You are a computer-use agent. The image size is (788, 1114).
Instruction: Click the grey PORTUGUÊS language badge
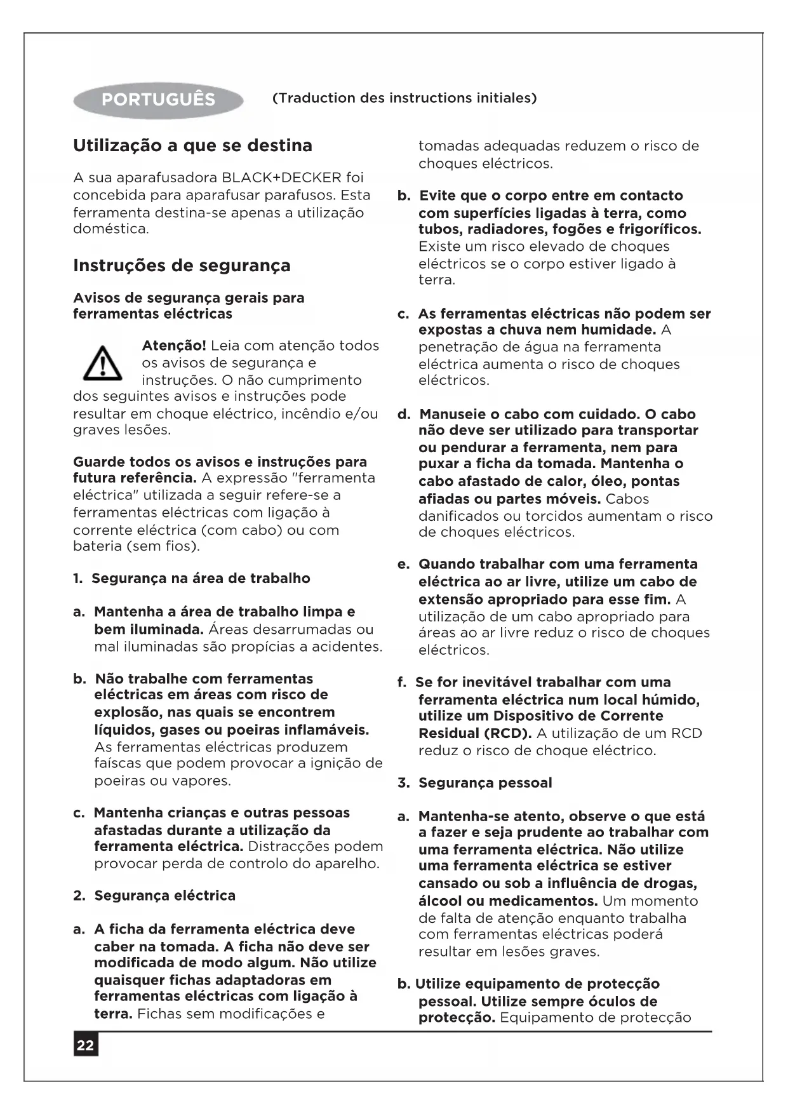(158, 100)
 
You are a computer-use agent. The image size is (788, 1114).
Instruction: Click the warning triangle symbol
(103, 363)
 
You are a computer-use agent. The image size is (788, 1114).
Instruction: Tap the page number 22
(86, 1045)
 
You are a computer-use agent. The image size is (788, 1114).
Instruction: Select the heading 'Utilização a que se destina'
(192, 145)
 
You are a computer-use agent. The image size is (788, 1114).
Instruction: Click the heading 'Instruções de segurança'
(182, 265)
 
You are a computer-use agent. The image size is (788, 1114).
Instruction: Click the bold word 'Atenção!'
(173, 346)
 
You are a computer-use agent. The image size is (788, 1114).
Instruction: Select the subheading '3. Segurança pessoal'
(475, 783)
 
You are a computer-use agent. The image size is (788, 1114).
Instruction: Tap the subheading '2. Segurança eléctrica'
(154, 896)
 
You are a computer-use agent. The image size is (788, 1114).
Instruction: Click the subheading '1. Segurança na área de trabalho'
(192, 579)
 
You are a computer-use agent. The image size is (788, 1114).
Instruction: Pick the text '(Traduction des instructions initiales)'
(404, 98)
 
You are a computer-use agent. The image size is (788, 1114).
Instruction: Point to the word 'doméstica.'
(111, 229)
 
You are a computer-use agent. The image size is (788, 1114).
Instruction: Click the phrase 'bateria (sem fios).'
(137, 546)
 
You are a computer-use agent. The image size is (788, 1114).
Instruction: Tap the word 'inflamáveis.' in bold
(329, 730)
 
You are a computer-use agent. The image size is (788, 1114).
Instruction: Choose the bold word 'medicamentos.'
(552, 901)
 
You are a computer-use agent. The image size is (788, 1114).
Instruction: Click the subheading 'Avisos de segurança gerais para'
(189, 298)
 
